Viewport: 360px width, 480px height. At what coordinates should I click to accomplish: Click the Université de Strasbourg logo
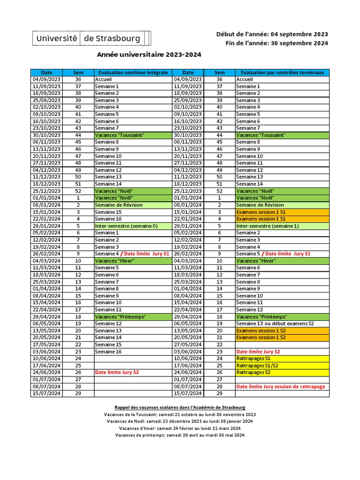(92, 38)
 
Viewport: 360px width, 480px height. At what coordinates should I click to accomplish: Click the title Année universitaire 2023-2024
(149, 54)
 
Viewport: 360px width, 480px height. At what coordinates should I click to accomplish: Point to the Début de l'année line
(272, 34)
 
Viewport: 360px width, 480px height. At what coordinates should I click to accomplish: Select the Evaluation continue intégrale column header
(133, 73)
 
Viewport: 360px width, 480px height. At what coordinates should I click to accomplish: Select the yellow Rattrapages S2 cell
(254, 372)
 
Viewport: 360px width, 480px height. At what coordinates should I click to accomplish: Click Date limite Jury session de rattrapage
(280, 386)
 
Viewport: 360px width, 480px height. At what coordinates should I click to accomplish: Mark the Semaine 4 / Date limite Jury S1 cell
(132, 254)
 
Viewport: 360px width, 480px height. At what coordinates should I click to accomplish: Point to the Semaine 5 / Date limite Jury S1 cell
(273, 254)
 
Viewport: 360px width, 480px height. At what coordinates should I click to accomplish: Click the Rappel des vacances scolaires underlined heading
(180, 407)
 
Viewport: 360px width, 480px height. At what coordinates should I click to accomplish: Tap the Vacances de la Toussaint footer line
(180, 414)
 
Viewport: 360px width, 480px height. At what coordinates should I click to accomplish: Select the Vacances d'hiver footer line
(180, 428)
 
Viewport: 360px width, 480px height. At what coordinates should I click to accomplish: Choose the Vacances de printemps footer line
(180, 435)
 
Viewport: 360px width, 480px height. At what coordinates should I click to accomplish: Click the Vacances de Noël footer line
(180, 421)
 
